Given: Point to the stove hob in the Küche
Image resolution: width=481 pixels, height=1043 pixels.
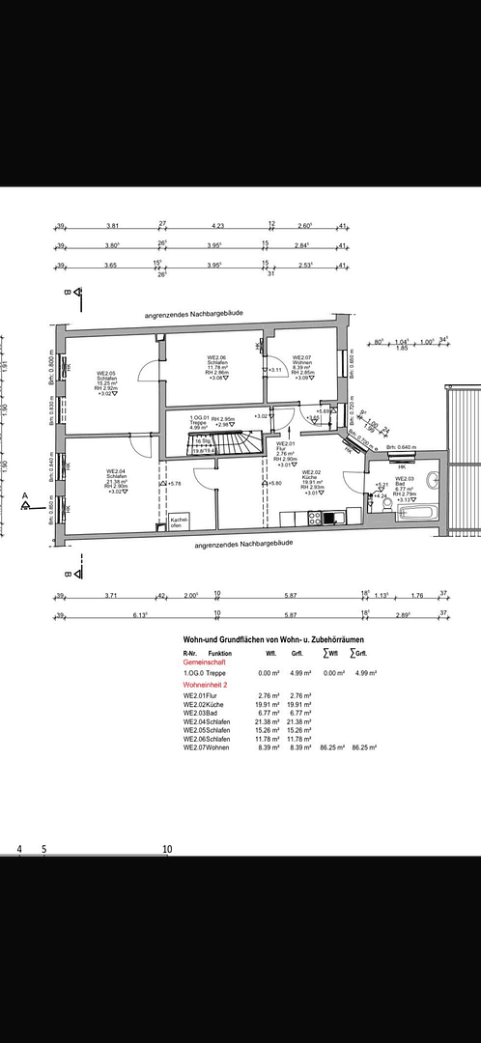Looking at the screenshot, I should click(x=315, y=518).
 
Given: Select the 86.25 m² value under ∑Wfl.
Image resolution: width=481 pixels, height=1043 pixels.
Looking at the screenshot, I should click(x=333, y=747).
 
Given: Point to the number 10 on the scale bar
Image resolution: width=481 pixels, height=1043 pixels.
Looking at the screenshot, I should click(x=167, y=849).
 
